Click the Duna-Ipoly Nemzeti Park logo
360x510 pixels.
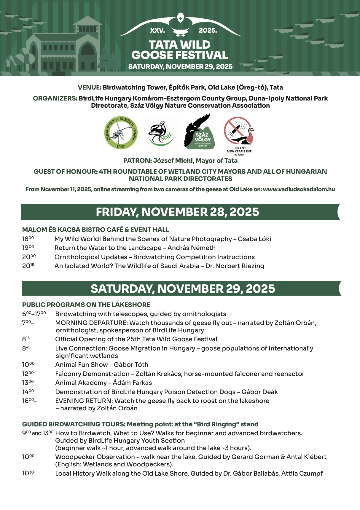pyautogui.click(x=121, y=133)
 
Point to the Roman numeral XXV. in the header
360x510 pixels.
pyautogui.click(x=157, y=31)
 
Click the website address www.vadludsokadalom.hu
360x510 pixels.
pyautogui.click(x=299, y=189)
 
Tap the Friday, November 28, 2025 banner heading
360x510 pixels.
pyautogui.click(x=177, y=212)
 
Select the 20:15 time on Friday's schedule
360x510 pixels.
pyautogui.click(x=28, y=266)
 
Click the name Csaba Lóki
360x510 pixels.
pyautogui.click(x=254, y=239)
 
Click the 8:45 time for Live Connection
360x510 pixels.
pyautogui.click(x=26, y=348)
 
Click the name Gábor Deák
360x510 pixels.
pyautogui.click(x=259, y=392)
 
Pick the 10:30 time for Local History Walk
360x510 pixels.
pyautogui.click(x=28, y=474)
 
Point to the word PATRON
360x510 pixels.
pyautogui.click(x=137, y=161)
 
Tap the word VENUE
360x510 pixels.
pyautogui.click(x=89, y=87)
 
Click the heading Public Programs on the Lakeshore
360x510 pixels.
pyautogui.click(x=86, y=305)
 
